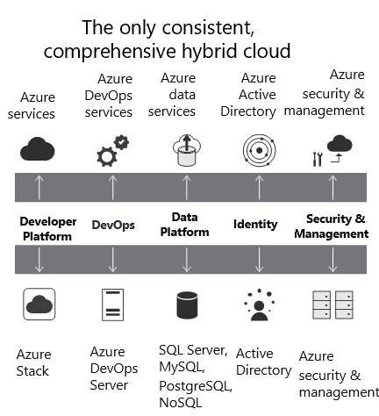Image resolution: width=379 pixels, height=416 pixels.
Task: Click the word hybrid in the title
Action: [x=210, y=52]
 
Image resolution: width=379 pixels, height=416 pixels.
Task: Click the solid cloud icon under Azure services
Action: [x=37, y=149]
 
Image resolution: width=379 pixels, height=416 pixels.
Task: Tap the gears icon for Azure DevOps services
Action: [x=112, y=151]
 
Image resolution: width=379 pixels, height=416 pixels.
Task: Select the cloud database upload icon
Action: [x=187, y=150]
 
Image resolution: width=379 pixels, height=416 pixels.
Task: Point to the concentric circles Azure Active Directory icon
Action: [x=259, y=150]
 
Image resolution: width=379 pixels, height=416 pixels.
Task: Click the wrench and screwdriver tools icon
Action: [x=318, y=159]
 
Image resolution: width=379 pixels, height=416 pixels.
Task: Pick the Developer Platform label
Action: [x=48, y=229]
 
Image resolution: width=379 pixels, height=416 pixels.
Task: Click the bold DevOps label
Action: [x=113, y=226]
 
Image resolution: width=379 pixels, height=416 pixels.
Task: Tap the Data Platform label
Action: [x=184, y=225]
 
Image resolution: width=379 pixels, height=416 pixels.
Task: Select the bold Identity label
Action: [x=255, y=225]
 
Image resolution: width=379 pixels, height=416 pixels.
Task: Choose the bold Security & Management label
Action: [x=332, y=226]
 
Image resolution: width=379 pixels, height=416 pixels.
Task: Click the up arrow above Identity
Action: [x=259, y=187]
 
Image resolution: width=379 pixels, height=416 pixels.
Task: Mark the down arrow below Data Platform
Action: [x=187, y=260]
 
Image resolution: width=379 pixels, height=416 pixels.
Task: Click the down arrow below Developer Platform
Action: [x=39, y=260]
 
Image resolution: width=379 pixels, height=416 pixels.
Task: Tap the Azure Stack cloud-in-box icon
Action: [x=39, y=304]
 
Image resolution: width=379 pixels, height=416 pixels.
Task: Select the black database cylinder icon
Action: [x=187, y=305]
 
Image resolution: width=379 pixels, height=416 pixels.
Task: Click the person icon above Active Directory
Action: [x=259, y=305]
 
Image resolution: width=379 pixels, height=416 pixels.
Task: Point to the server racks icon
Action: [x=333, y=305]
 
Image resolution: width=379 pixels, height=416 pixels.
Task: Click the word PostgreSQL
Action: [x=196, y=386]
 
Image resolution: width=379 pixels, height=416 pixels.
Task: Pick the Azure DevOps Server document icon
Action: [x=112, y=305]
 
